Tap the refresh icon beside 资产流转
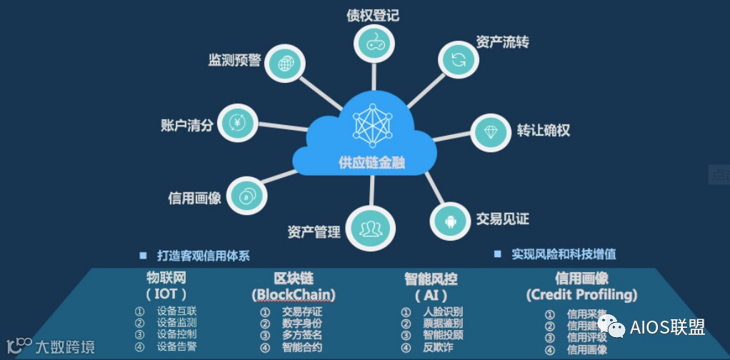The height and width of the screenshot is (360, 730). tap(457, 60)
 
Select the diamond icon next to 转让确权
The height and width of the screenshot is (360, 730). tap(493, 131)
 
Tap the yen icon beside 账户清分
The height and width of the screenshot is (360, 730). tap(236, 124)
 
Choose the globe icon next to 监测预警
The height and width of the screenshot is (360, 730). tap(284, 64)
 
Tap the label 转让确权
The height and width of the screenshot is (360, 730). tap(544, 131)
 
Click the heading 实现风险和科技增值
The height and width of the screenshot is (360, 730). tap(564, 254)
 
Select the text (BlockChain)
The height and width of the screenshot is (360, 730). tap(294, 294)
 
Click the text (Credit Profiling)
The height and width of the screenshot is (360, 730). tap(581, 294)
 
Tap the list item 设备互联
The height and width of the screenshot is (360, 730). tap(177, 311)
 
